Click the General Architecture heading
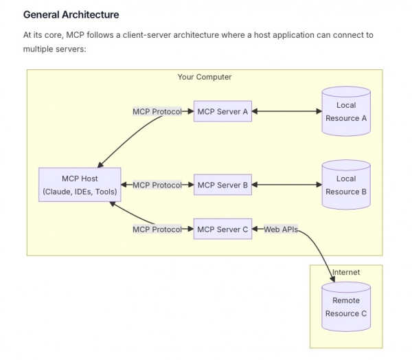71,14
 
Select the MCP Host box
80,185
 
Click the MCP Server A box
222,111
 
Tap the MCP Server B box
222,185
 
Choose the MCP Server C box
222,229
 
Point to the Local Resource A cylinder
346,111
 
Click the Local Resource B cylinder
346,185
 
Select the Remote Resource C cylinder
346,306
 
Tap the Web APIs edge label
281,229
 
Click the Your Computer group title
205,77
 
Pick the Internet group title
346,272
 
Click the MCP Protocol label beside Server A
157,111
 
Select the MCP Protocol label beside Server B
157,185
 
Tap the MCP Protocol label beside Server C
157,229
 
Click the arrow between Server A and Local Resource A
286,111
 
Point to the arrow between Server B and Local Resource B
286,185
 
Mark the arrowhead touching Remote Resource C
332,279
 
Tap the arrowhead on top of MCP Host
100,165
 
